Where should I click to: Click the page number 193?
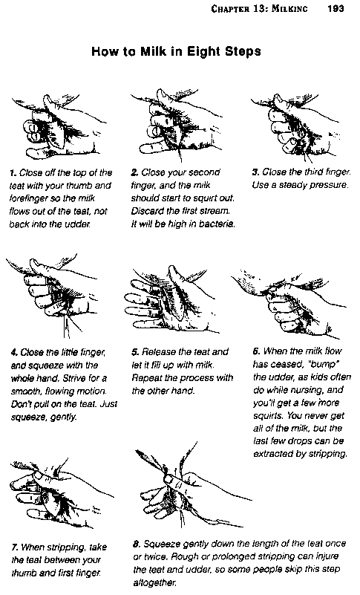(x=336, y=8)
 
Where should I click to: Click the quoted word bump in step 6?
(x=324, y=364)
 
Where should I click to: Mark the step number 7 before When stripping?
(x=15, y=547)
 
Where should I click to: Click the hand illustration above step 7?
(x=61, y=494)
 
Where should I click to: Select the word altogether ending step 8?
(x=155, y=582)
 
